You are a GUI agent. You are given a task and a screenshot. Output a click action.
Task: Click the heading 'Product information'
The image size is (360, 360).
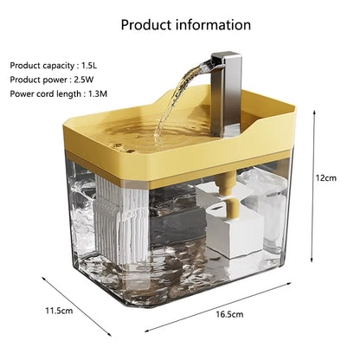point(180,24)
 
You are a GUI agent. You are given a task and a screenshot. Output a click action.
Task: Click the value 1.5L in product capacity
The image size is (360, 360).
point(91,65)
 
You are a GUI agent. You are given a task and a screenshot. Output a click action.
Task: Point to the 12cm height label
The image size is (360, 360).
point(325,177)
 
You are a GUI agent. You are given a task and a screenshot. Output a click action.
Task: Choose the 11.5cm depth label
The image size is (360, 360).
point(58,310)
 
